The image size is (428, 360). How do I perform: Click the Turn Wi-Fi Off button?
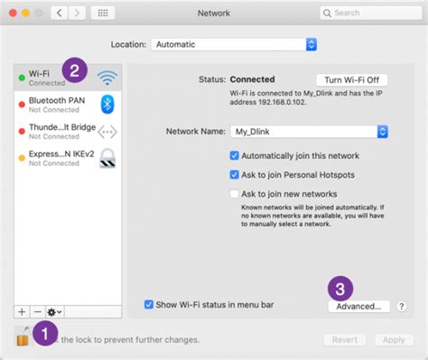[x=350, y=79]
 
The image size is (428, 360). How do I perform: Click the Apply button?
[x=393, y=340]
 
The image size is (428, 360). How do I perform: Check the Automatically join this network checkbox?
[x=235, y=155]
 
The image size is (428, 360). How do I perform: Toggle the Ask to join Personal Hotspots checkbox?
[x=235, y=174]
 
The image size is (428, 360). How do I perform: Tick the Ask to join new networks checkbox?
[x=235, y=194]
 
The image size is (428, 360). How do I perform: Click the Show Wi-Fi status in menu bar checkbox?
[x=149, y=305]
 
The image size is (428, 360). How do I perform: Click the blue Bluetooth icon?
[x=107, y=105]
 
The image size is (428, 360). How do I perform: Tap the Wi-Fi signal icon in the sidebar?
[x=107, y=78]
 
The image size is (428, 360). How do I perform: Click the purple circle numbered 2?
[x=75, y=69]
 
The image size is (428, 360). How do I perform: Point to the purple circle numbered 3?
[x=340, y=289]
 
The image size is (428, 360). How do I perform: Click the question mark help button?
[x=401, y=307]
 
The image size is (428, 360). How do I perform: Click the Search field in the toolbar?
[x=370, y=14]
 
